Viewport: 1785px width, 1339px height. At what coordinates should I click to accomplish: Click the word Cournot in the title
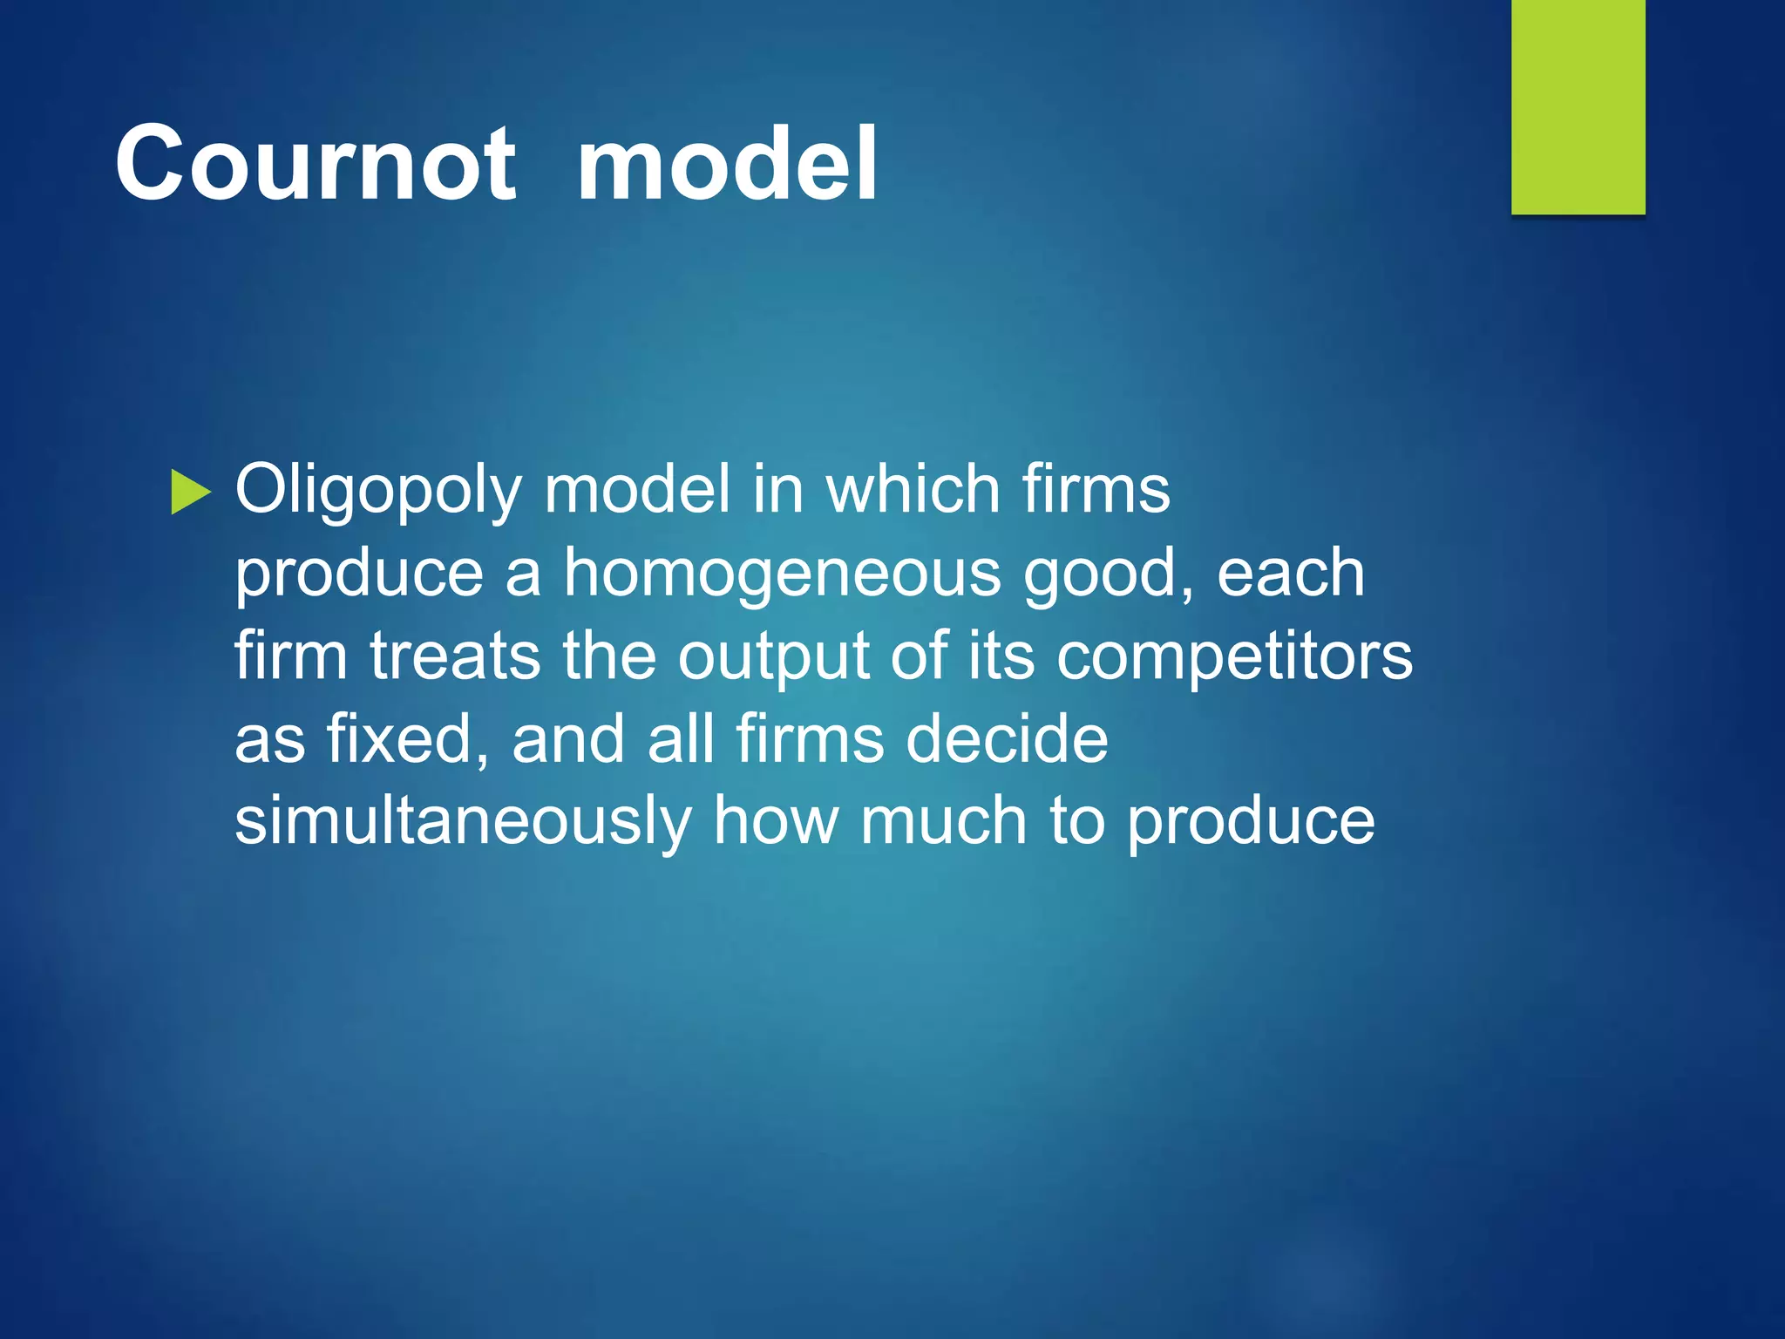pyautogui.click(x=316, y=163)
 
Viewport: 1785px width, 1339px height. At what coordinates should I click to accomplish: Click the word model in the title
pyautogui.click(x=727, y=163)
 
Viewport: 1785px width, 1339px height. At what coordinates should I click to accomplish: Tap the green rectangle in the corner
pyautogui.click(x=1578, y=106)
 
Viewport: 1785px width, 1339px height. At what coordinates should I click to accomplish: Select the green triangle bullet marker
pyautogui.click(x=191, y=492)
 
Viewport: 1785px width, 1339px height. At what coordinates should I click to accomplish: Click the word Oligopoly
pyautogui.click(x=378, y=490)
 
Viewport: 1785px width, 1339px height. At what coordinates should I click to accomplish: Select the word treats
pyautogui.click(x=454, y=656)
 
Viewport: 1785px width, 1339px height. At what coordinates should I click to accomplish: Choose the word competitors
pyautogui.click(x=1234, y=657)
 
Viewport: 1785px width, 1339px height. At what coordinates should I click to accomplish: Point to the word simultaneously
pyautogui.click(x=463, y=822)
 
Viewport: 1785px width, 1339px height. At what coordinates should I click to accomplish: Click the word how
pyautogui.click(x=776, y=821)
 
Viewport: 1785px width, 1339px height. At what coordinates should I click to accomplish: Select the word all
pyautogui.click(x=680, y=738)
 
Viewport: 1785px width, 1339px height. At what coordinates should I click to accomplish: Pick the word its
pyautogui.click(x=1001, y=656)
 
